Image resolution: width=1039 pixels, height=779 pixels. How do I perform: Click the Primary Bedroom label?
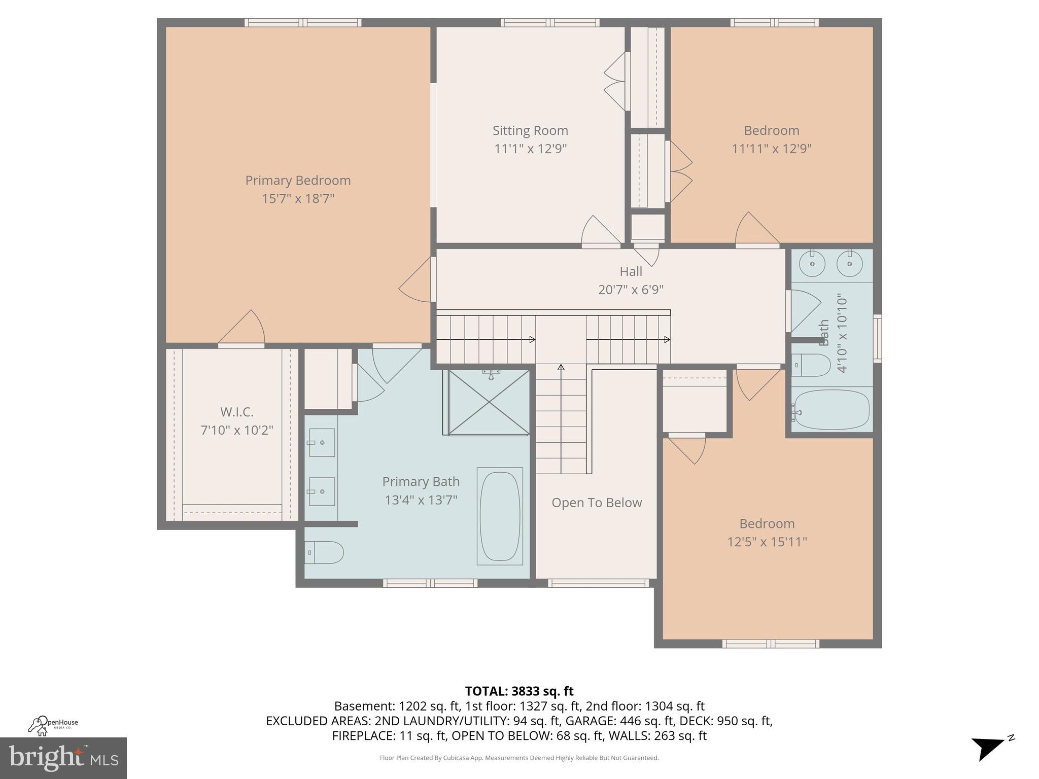[x=298, y=181]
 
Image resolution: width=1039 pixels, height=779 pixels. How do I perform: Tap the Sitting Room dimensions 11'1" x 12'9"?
[x=530, y=149]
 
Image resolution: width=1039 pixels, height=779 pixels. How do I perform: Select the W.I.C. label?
[x=236, y=412]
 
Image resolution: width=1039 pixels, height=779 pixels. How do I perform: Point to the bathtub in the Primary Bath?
[x=500, y=516]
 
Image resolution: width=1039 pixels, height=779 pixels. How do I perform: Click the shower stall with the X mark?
[x=489, y=403]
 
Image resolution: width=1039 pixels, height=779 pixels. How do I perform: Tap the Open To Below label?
[x=597, y=503]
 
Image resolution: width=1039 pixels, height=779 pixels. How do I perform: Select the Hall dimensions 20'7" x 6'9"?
[x=631, y=290]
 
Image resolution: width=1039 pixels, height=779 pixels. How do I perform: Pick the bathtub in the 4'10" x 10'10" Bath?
[x=831, y=410]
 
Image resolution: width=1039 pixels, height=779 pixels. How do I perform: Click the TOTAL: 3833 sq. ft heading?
[x=519, y=691]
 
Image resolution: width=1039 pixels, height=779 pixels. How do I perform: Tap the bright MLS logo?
[x=63, y=758]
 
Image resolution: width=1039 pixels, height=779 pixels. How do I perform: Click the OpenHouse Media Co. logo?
[x=53, y=725]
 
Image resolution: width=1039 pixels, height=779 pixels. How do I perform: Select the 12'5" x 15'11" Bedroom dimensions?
[x=767, y=542]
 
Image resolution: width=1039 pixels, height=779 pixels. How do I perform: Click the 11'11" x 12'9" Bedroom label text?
[x=771, y=131]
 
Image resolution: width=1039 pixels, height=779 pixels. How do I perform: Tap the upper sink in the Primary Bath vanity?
[x=322, y=443]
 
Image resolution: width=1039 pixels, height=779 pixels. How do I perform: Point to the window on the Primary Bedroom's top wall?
[x=303, y=22]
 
